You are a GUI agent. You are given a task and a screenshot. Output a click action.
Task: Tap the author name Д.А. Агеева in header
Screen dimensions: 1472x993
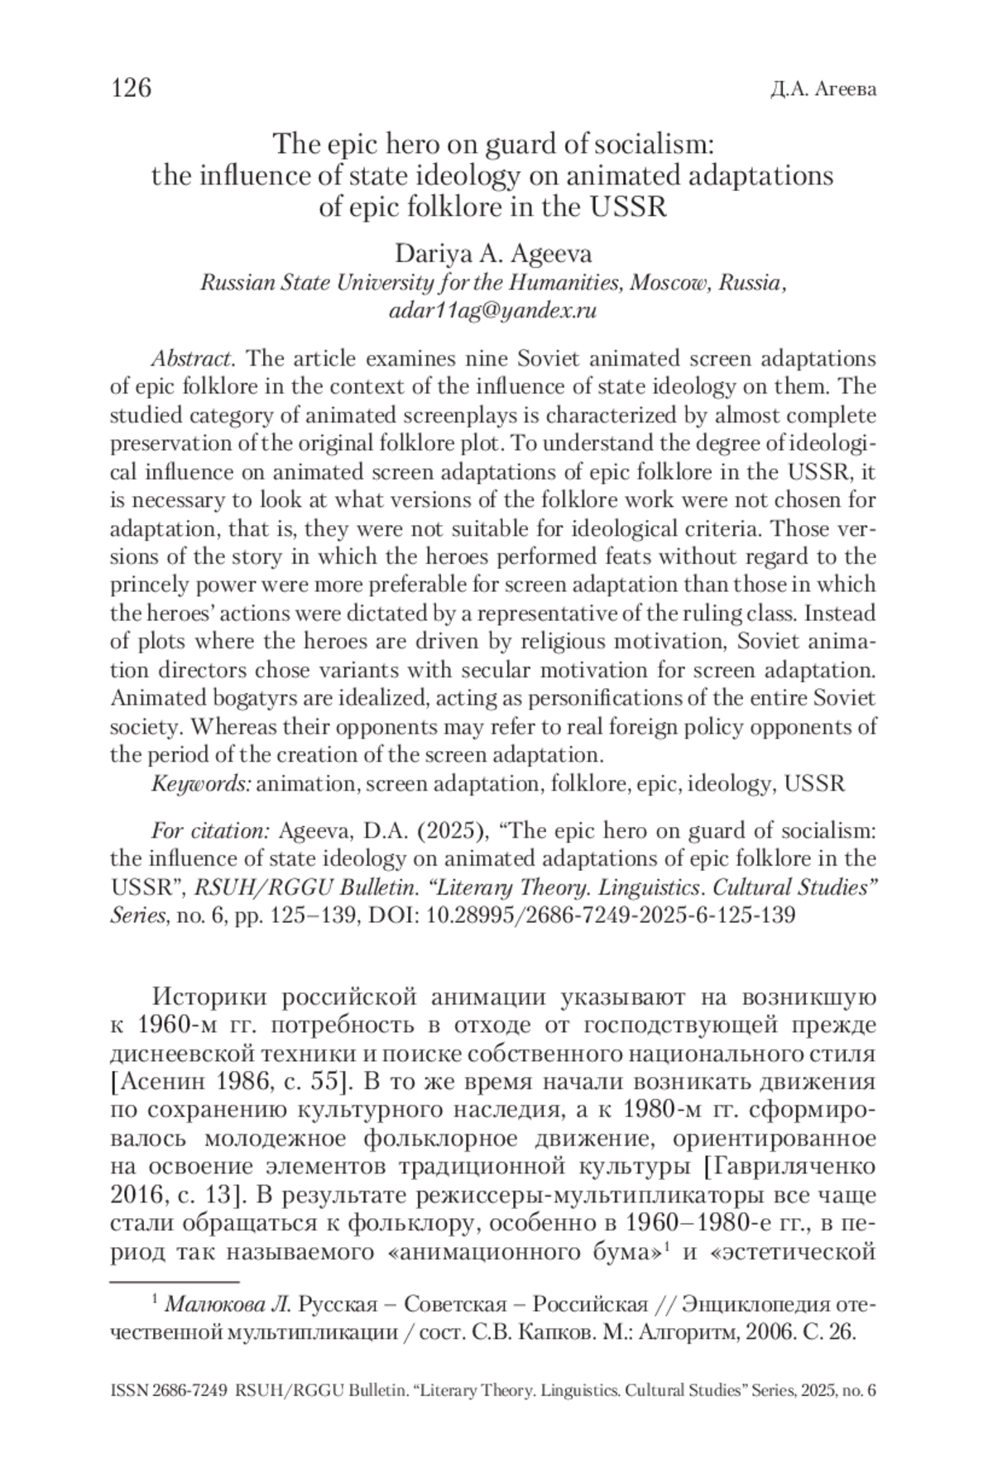[x=823, y=89]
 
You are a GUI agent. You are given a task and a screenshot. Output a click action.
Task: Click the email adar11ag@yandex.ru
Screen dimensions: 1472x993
[x=493, y=312]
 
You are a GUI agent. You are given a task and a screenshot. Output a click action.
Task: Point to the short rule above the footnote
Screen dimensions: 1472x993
[x=175, y=1283]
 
